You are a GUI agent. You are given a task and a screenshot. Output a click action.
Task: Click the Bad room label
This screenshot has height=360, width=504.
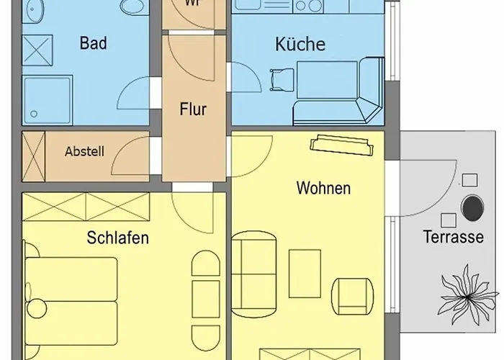click(x=94, y=43)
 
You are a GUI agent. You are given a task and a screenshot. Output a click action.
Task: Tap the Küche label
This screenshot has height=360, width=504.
click(x=300, y=44)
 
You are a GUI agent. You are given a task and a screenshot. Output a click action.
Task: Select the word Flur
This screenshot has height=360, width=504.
click(x=193, y=110)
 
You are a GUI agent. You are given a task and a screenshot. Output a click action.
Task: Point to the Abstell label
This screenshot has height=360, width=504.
click(x=84, y=152)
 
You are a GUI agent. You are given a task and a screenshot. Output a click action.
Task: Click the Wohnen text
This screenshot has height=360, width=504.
click(x=324, y=189)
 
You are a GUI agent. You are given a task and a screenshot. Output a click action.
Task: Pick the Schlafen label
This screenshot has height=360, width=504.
click(x=118, y=237)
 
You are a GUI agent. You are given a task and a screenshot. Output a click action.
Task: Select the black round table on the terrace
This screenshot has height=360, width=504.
click(x=473, y=209)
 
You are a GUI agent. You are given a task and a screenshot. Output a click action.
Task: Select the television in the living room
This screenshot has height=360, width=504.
click(x=343, y=146)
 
